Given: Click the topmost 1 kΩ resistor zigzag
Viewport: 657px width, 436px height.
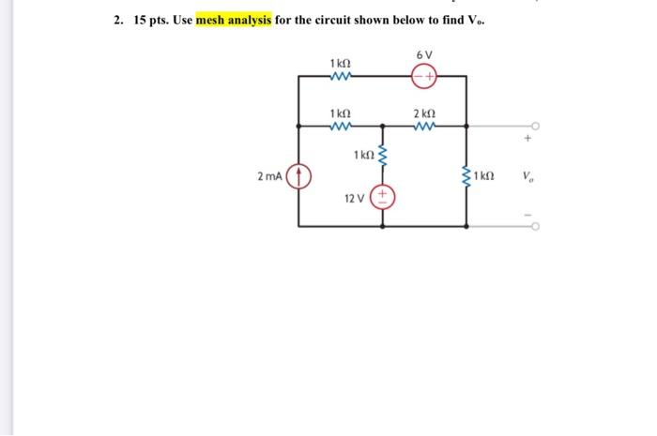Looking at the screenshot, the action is point(341,76).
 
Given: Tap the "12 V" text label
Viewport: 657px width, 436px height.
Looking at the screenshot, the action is point(356,200).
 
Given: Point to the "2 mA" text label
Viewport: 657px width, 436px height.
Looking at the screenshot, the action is point(270,175).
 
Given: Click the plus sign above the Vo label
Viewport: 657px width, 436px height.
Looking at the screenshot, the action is point(528,142).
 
